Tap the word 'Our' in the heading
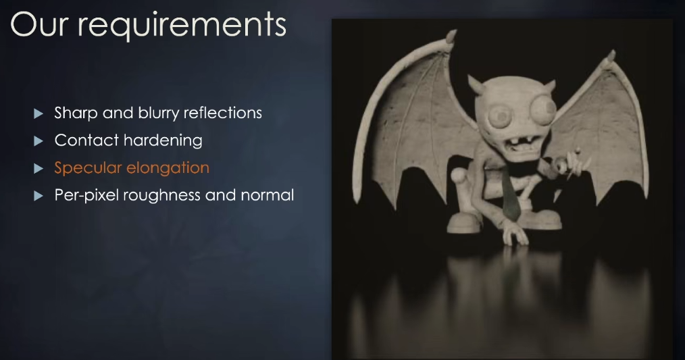[39, 24]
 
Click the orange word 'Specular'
[88, 168]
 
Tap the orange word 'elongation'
[168, 168]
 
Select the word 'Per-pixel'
[86, 195]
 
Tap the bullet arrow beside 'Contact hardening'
[39, 140]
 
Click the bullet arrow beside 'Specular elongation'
[39, 168]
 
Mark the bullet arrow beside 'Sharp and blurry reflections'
[39, 113]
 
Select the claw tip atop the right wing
[610, 57]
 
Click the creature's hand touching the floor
[515, 234]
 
